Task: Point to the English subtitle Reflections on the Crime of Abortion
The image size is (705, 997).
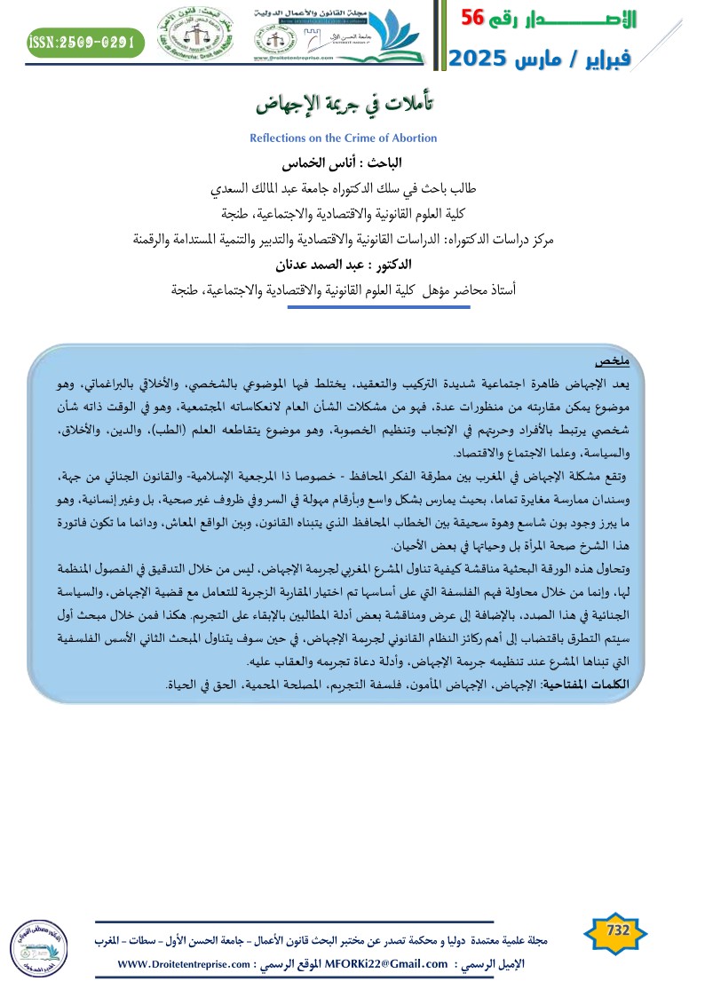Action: coord(343,138)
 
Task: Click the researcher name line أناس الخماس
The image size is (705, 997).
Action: coord(353,163)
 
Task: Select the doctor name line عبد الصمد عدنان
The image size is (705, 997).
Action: coord(353,264)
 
